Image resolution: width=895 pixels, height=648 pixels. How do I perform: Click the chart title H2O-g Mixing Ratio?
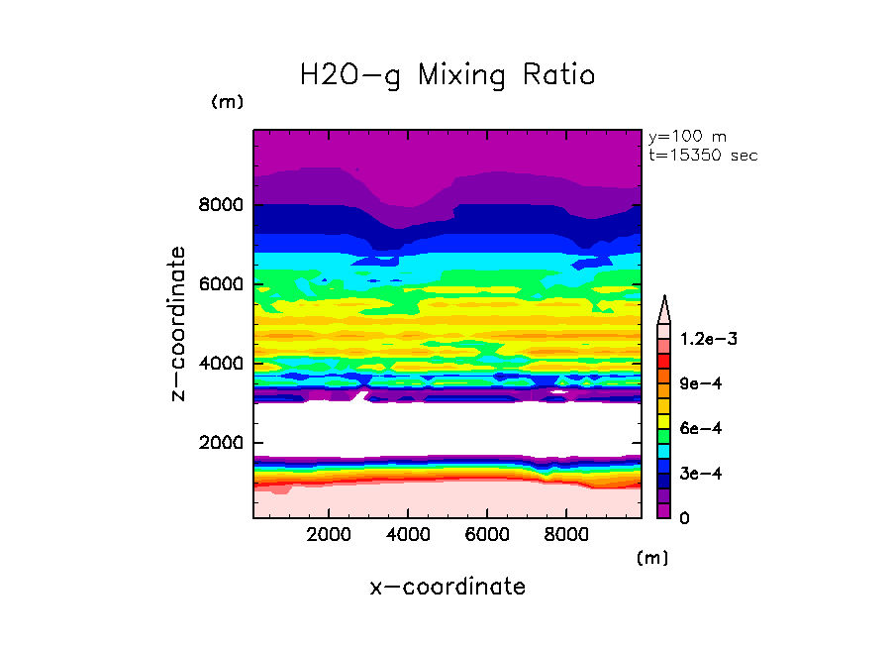tap(447, 75)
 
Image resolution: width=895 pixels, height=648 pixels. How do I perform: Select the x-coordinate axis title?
tap(447, 587)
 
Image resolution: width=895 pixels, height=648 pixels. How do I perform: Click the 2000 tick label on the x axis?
tap(330, 535)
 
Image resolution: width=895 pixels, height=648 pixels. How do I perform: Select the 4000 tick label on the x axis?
tap(408, 535)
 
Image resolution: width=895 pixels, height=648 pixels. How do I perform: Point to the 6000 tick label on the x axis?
tap(487, 535)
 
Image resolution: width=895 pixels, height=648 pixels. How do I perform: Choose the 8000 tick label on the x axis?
tap(565, 535)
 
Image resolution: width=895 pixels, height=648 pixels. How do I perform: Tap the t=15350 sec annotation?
tap(703, 156)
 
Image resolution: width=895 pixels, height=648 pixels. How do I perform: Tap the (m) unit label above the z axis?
tap(227, 102)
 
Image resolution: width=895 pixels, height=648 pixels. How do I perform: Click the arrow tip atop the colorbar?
tap(664, 299)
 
